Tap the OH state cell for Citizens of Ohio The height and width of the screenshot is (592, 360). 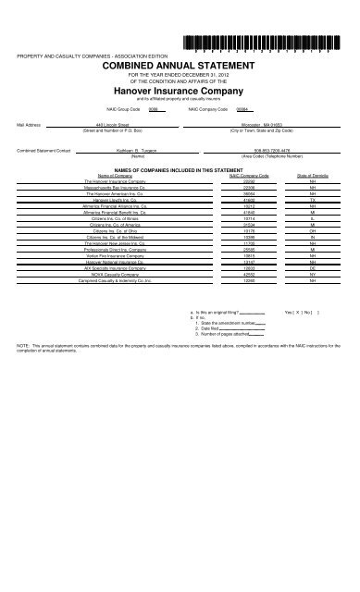(304, 230)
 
